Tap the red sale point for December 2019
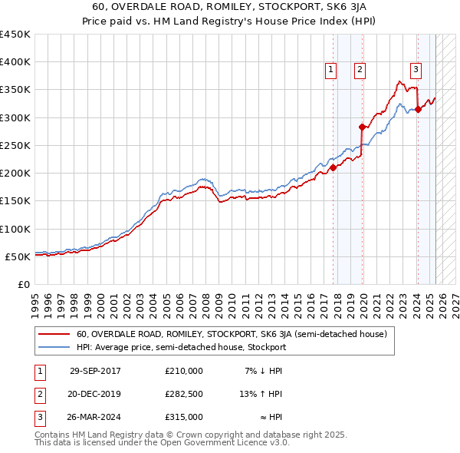[x=362, y=127]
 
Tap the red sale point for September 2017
[x=333, y=167]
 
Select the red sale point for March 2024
[x=418, y=109]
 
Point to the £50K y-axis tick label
[x=18, y=256]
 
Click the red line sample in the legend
[x=54, y=334]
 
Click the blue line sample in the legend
[x=54, y=347]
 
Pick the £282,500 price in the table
[x=184, y=394]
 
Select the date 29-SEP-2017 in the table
[x=95, y=371]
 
